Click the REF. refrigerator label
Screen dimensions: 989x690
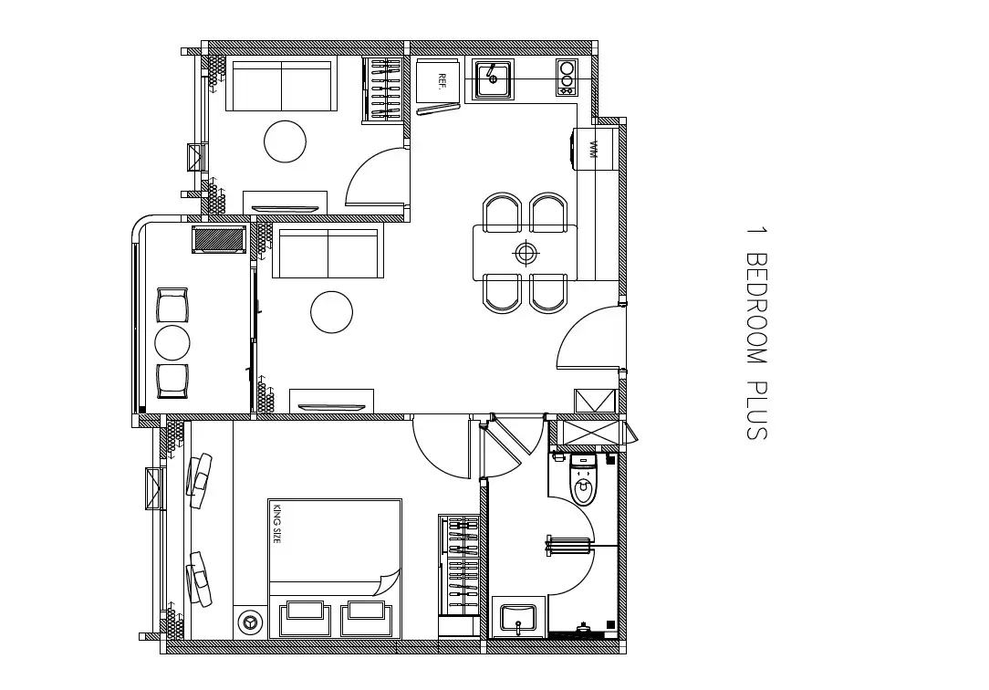(x=442, y=80)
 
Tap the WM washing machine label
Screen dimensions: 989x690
(x=593, y=150)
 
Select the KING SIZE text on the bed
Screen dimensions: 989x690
(x=276, y=523)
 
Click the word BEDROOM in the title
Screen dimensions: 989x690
(x=756, y=308)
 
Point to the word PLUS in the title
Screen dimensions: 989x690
(x=756, y=411)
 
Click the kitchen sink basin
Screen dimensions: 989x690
(x=493, y=78)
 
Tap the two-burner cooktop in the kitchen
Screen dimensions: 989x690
(x=567, y=78)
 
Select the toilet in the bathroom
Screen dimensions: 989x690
(x=583, y=479)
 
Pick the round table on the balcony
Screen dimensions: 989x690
(x=172, y=343)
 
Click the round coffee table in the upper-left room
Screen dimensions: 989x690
(x=285, y=141)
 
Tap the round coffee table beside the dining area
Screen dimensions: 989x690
(x=332, y=312)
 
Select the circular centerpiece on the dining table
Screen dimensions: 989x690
(x=526, y=254)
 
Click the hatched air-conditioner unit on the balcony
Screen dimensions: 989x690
(x=220, y=239)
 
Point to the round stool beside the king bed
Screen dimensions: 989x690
(x=250, y=622)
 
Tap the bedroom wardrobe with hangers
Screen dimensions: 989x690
(x=459, y=566)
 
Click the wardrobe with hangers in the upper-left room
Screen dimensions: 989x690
(x=383, y=89)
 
